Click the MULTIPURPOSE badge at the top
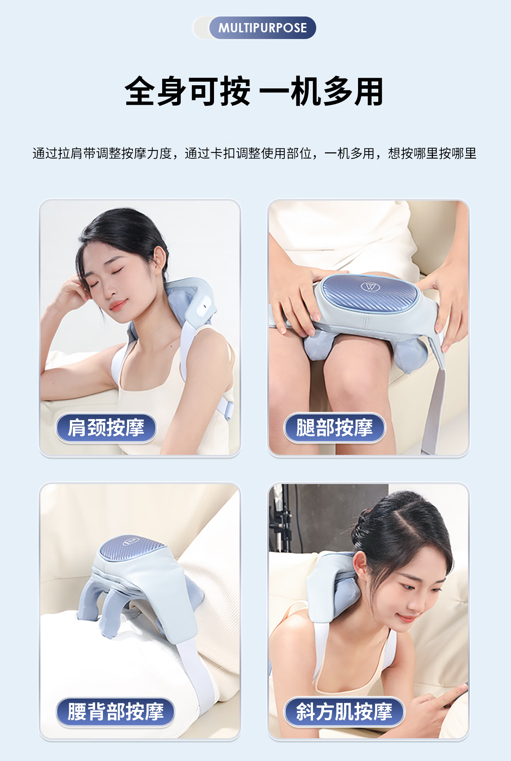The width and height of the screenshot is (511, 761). coord(262,28)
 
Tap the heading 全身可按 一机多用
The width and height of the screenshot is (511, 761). coord(254,92)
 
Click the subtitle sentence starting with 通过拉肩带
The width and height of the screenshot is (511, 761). coord(254,153)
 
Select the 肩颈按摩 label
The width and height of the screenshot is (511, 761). coord(106,428)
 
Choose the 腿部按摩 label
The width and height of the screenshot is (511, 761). coord(334,428)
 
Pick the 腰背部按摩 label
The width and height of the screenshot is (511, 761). coord(116,712)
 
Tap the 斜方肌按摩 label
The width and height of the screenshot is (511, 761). coord(344,712)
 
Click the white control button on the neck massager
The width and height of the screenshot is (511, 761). coord(204,306)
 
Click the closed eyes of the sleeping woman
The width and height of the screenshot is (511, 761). coord(106,279)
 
